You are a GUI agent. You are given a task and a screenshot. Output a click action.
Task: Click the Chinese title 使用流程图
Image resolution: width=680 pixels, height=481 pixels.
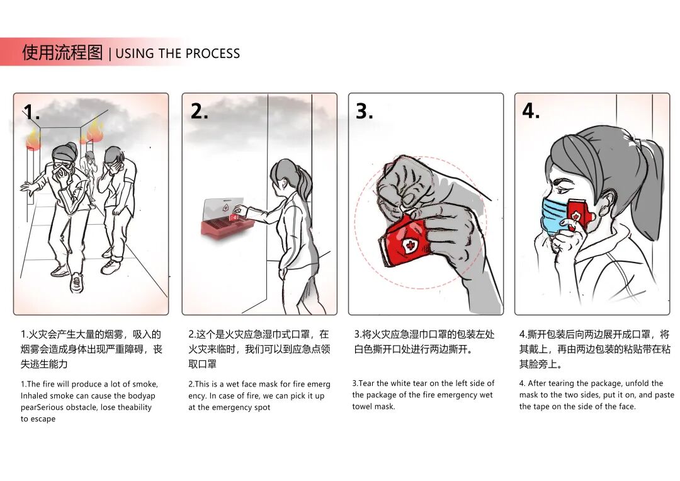62,52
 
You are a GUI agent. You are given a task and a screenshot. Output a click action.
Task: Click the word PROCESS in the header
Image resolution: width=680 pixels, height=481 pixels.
211,54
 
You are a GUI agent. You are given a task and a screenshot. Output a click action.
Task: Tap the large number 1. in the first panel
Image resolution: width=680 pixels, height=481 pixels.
31,112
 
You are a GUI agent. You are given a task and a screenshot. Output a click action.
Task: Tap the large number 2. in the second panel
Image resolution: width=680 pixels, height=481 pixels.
199,111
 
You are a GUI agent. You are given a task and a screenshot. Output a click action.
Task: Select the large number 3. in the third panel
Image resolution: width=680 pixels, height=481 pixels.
365,111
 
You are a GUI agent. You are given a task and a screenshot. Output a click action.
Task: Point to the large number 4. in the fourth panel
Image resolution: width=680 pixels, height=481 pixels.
531,111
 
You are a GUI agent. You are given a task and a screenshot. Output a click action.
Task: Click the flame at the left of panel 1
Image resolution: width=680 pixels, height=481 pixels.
33,138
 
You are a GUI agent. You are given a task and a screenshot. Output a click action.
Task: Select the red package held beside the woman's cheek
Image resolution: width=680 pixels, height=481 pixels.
579,214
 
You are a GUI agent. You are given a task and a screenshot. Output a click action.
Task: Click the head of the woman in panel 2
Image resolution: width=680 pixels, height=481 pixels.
283,171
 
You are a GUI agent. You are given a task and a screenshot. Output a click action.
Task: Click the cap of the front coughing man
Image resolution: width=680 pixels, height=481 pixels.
64,150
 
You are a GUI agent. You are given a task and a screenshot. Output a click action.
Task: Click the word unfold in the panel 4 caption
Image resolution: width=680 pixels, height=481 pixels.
636,383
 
